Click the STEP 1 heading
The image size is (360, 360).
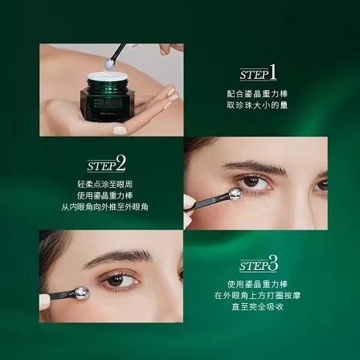pos(257,73)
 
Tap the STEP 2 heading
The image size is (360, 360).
pos(106,165)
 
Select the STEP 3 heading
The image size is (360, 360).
pos(258,264)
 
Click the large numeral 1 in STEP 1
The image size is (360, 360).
pos(272,72)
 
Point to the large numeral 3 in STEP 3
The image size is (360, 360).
pos(273,263)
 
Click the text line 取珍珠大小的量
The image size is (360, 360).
pos(257,104)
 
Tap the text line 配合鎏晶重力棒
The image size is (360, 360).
pos(257,93)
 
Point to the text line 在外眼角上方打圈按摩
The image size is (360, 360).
pos(257,294)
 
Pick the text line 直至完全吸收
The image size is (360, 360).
pos(257,305)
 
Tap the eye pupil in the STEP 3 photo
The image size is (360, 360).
pos(121,280)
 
